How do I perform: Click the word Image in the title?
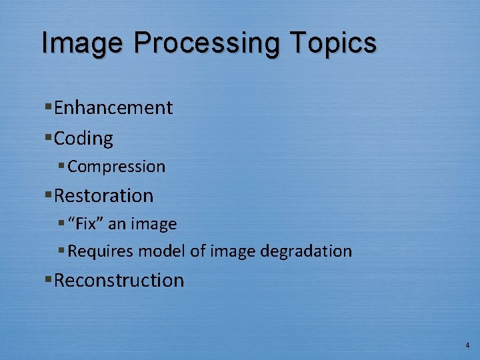[82, 43]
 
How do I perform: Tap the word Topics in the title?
[333, 43]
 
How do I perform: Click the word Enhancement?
[113, 107]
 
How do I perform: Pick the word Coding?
[83, 139]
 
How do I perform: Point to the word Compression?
[116, 167]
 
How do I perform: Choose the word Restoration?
[103, 195]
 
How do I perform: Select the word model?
[155, 251]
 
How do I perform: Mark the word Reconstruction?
[119, 280]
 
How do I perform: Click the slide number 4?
[467, 345]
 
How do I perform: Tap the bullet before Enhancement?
[49, 107]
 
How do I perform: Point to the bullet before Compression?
[62, 166]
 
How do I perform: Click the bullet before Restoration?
[49, 195]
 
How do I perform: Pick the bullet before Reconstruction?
[49, 279]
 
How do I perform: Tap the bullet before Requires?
[62, 251]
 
